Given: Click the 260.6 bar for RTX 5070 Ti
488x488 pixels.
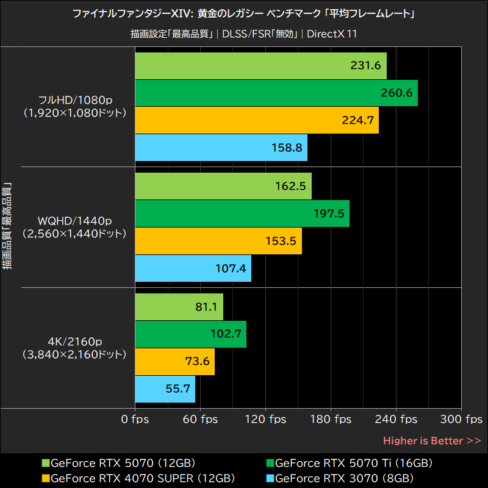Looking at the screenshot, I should [x=276, y=93].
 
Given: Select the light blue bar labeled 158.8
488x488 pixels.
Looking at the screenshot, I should [x=220, y=147].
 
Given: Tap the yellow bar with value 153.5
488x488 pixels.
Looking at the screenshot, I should [x=218, y=241].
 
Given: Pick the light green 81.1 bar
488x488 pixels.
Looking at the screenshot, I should [x=179, y=307].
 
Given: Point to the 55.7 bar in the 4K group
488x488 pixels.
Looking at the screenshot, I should [x=165, y=389].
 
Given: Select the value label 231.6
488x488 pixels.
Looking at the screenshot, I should [x=366, y=66].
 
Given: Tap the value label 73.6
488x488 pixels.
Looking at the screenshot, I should [x=197, y=362].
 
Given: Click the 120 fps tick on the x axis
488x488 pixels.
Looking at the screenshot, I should [x=265, y=420].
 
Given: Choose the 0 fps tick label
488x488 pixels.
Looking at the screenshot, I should [x=135, y=420].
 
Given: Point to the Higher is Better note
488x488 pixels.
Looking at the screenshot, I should [x=432, y=440].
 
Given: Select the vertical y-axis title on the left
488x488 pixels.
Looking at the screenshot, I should [x=8, y=226].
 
